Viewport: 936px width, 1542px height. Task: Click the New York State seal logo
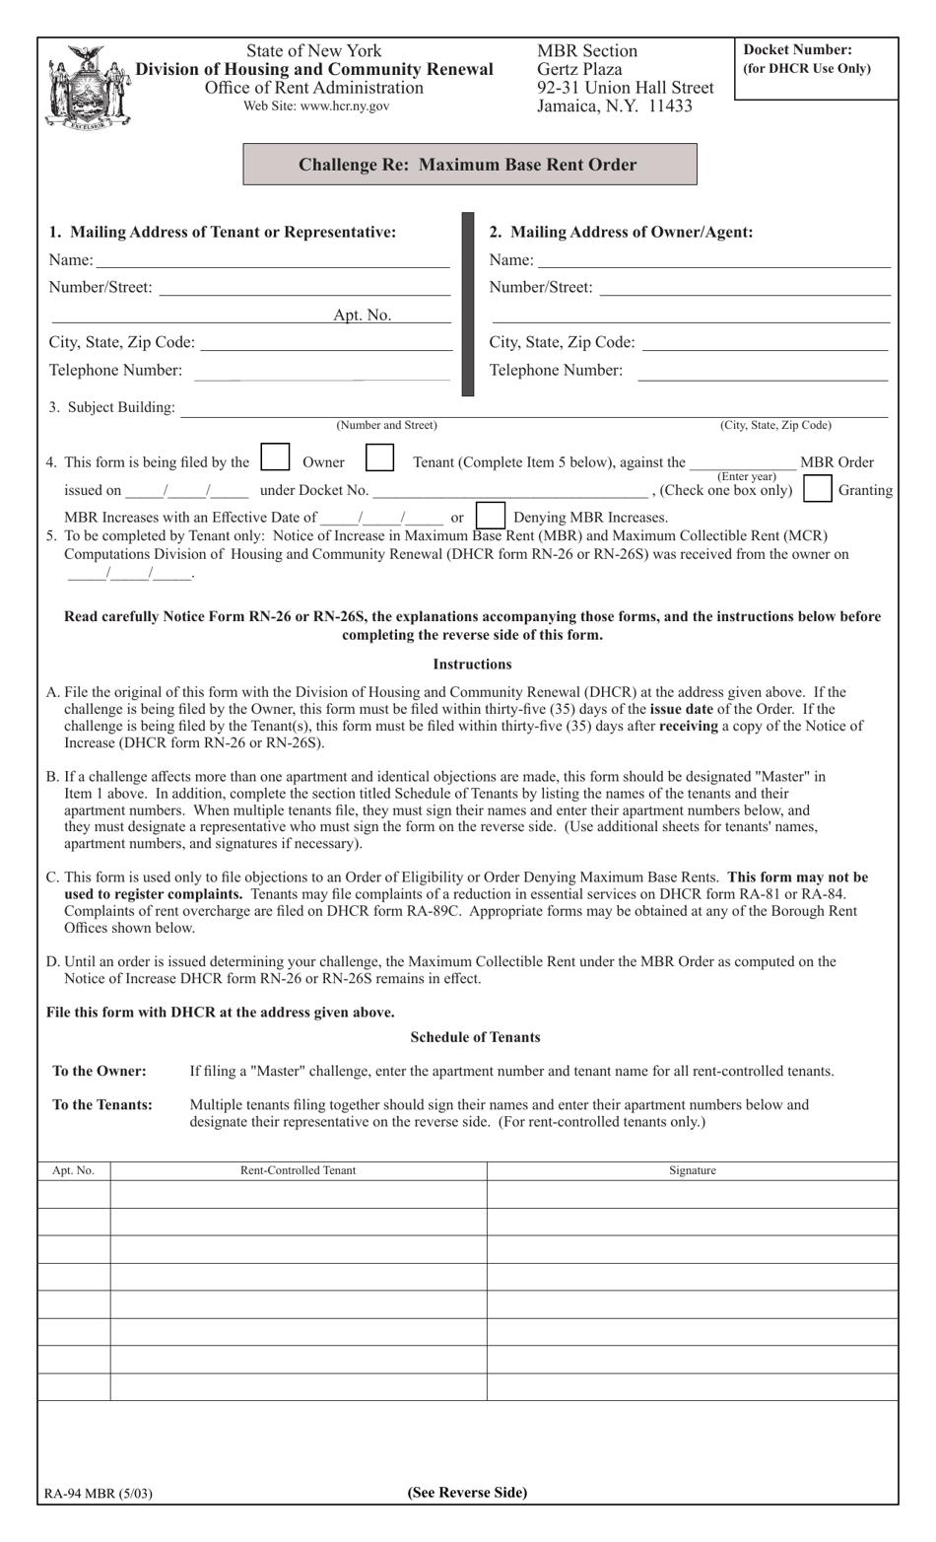click(x=88, y=87)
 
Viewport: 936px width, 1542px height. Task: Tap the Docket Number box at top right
click(x=817, y=69)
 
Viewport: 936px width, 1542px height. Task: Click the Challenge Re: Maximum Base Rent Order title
click(x=469, y=165)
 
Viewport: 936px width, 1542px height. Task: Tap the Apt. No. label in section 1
click(x=362, y=315)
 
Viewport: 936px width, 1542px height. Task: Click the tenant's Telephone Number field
click(x=322, y=371)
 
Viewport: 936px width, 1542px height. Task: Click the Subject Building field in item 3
click(x=533, y=407)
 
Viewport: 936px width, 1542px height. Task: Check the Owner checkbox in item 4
click(x=275, y=458)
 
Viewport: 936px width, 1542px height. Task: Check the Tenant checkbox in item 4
click(x=379, y=458)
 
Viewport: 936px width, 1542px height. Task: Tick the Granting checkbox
click(x=817, y=489)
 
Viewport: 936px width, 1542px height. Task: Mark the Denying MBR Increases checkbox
click(x=490, y=516)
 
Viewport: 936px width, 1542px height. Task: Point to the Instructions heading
click(x=472, y=665)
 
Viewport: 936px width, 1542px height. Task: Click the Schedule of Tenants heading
click(x=475, y=1037)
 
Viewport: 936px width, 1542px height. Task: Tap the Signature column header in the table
click(x=692, y=1170)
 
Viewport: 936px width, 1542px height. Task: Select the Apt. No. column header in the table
click(x=73, y=1170)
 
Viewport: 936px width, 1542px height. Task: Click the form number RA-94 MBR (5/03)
click(x=98, y=1493)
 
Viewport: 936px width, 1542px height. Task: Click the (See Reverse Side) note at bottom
click(x=467, y=1492)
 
